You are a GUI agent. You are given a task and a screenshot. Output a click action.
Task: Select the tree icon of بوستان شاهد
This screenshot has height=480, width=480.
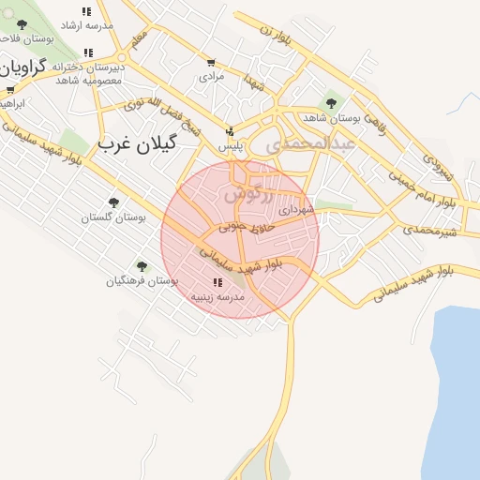(330, 103)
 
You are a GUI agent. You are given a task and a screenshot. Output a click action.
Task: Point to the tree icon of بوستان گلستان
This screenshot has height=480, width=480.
(113, 202)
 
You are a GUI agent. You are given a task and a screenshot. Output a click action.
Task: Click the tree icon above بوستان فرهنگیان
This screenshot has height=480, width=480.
(142, 266)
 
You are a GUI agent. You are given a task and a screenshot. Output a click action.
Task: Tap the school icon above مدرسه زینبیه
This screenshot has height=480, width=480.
(217, 282)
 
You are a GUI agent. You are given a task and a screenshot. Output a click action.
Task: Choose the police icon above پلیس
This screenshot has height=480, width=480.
(231, 132)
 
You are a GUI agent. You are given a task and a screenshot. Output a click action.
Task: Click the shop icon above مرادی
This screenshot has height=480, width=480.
(211, 62)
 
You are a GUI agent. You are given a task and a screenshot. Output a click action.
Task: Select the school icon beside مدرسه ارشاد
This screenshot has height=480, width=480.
(86, 12)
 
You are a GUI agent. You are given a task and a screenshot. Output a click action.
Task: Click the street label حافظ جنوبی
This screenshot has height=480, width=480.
(247, 226)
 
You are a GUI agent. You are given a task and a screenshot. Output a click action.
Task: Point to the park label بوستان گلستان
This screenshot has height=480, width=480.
(113, 217)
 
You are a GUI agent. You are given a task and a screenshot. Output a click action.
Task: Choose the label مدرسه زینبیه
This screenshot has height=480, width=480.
(217, 296)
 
